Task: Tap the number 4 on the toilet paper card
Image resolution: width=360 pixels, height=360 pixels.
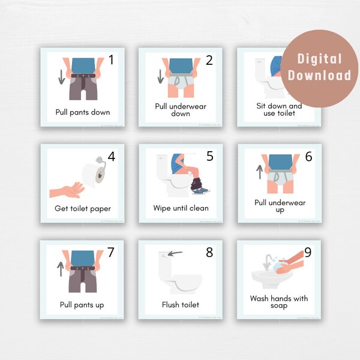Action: click(x=111, y=156)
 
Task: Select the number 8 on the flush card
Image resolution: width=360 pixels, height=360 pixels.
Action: click(x=209, y=252)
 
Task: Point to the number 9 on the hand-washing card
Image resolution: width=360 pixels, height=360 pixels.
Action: click(x=308, y=252)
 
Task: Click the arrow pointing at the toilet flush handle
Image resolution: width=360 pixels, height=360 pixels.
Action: click(x=175, y=253)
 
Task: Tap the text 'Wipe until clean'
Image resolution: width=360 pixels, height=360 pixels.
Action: click(x=181, y=208)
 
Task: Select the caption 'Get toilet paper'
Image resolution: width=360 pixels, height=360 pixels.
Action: click(x=82, y=209)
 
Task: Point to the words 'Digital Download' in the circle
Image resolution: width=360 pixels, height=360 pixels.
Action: click(x=319, y=67)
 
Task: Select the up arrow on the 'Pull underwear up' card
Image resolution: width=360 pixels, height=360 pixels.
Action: click(x=259, y=173)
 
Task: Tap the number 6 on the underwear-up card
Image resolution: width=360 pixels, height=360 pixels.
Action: click(x=308, y=156)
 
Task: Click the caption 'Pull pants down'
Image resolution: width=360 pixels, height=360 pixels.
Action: click(x=82, y=112)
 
